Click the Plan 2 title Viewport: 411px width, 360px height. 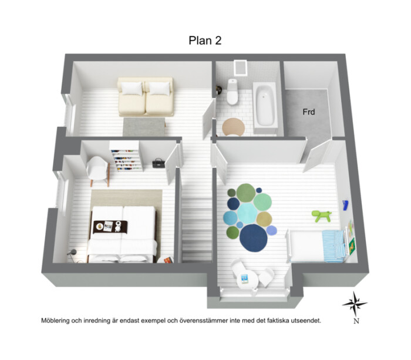click(205, 41)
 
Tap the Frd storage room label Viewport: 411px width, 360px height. click(308, 112)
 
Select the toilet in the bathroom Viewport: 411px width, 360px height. click(233, 92)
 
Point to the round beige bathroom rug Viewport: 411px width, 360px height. click(233, 127)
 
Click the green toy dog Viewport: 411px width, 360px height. click(321, 216)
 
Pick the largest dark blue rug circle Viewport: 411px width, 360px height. click(254, 238)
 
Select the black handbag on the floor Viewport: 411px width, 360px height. click(159, 163)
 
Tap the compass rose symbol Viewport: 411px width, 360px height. click(355, 304)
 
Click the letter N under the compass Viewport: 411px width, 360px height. click(356, 321)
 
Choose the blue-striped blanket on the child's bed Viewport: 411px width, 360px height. click(333, 246)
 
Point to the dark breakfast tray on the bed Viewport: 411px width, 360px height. click(110, 227)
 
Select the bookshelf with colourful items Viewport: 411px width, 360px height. click(126, 157)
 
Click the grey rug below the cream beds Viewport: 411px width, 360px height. click(144, 127)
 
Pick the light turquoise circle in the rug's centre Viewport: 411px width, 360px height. click(247, 213)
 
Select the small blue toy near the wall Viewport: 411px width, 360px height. click(345, 204)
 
